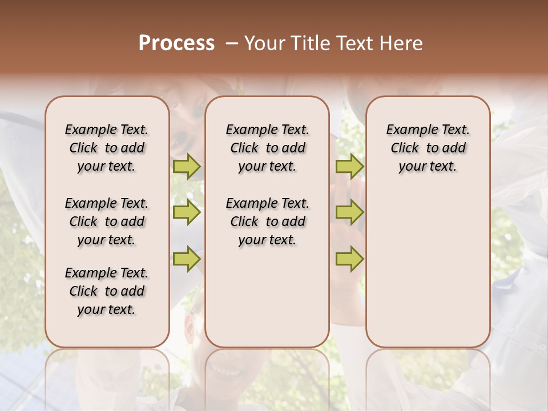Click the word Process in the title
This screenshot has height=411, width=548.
click(x=176, y=43)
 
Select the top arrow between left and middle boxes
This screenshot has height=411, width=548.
click(x=187, y=166)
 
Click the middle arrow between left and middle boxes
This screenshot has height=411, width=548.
click(x=187, y=212)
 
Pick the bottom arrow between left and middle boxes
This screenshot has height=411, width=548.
click(x=187, y=259)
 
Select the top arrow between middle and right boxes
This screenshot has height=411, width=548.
click(x=349, y=166)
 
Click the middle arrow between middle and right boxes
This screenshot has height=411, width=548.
click(x=349, y=212)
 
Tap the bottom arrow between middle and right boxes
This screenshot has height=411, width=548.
click(x=349, y=259)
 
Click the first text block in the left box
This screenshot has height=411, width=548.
click(x=107, y=148)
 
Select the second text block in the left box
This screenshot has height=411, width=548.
click(x=107, y=221)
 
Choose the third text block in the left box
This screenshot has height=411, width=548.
click(x=107, y=291)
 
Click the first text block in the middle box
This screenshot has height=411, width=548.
click(x=267, y=148)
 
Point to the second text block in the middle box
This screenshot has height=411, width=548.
click(x=267, y=221)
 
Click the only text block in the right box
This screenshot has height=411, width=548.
click(x=428, y=148)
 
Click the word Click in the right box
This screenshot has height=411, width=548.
click(x=405, y=148)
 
